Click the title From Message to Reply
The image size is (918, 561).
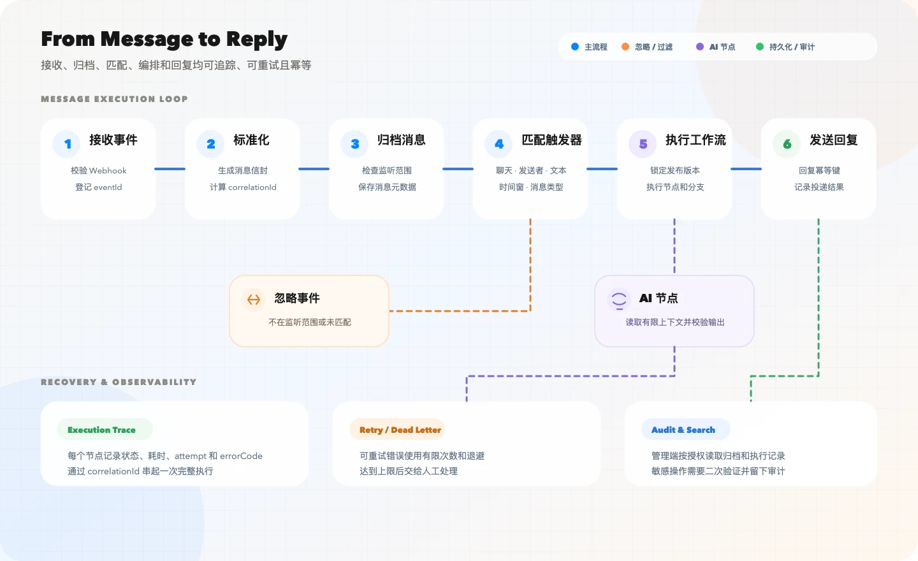click(x=164, y=40)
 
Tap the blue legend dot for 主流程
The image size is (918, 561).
click(x=575, y=47)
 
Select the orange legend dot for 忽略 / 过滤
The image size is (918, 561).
click(x=625, y=47)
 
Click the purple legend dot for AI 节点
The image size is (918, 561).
click(x=700, y=47)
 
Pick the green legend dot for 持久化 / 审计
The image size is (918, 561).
click(x=760, y=47)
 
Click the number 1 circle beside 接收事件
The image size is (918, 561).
click(x=67, y=144)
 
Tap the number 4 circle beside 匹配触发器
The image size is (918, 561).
click(x=499, y=144)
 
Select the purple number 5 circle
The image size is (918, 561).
click(x=643, y=144)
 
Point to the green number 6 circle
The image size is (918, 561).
click(x=787, y=144)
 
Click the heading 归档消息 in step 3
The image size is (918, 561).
click(x=401, y=140)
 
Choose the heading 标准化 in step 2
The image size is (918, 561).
click(x=251, y=140)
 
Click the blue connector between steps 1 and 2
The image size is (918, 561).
click(x=170, y=169)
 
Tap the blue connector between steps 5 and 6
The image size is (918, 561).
click(x=746, y=169)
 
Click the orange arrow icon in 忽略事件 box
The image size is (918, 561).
click(x=254, y=300)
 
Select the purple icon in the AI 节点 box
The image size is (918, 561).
click(x=619, y=300)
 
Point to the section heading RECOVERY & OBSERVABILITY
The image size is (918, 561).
click(x=119, y=382)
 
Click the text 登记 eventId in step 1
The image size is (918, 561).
click(x=98, y=187)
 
